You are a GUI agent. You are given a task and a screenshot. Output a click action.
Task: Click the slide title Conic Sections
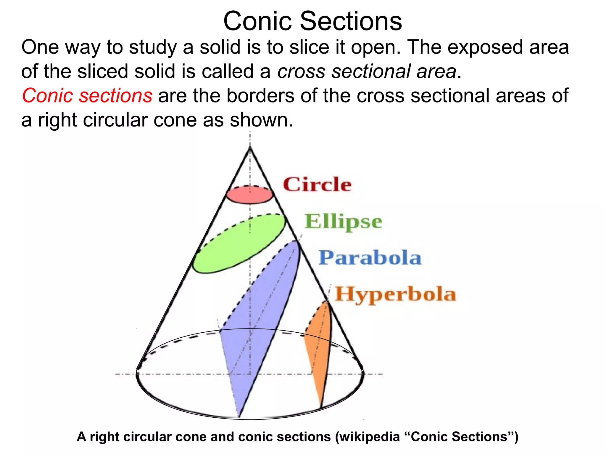pyautogui.click(x=312, y=21)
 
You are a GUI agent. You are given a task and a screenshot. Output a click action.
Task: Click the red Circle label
pyautogui.click(x=317, y=185)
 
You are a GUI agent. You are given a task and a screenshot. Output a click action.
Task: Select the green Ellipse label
pyautogui.click(x=343, y=222)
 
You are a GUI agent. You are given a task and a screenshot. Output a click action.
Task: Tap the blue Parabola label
pyautogui.click(x=370, y=258)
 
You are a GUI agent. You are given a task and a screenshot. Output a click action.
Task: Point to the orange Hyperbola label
pyautogui.click(x=395, y=294)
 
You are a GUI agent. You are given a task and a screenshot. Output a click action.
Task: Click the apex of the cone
pyautogui.click(x=250, y=147)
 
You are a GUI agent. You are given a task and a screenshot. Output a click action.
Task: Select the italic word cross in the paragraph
pyautogui.click(x=301, y=72)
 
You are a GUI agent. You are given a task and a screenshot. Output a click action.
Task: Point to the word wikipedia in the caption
pyautogui.click(x=370, y=437)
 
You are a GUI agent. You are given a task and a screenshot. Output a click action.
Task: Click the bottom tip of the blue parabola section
pyautogui.click(x=239, y=416)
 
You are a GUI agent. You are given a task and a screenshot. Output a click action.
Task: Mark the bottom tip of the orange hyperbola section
pyautogui.click(x=322, y=407)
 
